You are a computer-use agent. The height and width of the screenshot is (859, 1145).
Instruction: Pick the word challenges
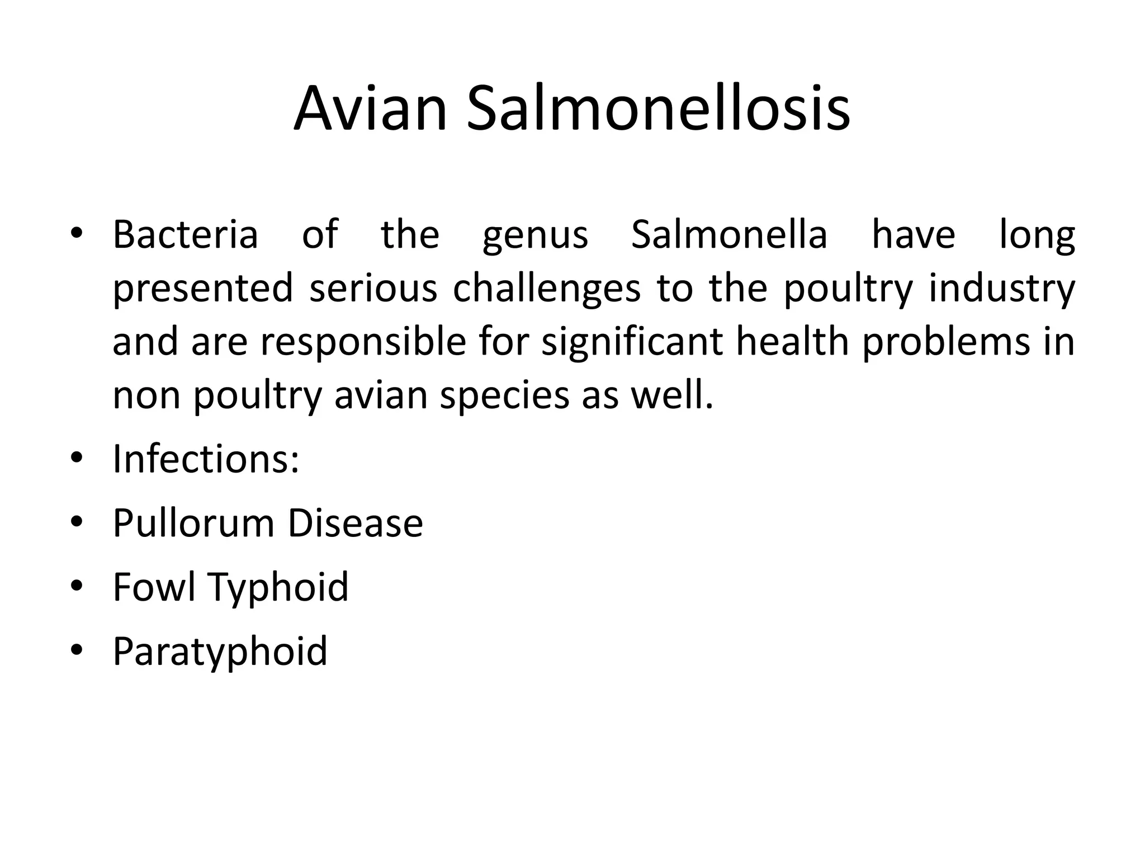coord(546,289)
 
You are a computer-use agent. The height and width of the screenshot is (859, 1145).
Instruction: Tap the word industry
coord(1001,289)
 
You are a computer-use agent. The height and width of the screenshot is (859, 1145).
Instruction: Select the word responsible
coord(363,342)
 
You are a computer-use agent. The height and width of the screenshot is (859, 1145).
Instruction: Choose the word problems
coord(945,342)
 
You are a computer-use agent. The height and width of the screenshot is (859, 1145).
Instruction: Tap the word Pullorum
coord(193,523)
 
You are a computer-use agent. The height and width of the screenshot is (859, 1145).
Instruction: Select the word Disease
coord(355,523)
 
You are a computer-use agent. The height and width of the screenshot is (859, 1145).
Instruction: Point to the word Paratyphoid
coord(220,652)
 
